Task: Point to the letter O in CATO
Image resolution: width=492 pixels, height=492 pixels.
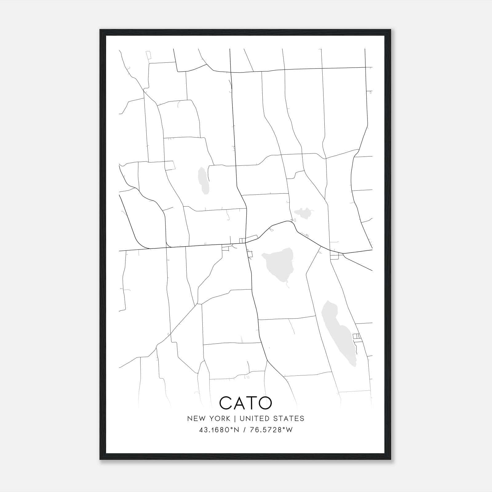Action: (265, 403)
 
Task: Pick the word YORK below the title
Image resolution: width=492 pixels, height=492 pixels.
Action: (219, 419)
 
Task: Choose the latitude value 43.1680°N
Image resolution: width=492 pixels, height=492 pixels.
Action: (219, 430)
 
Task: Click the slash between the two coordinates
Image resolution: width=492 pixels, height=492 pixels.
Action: (244, 430)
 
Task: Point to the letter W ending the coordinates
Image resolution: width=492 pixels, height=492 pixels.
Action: (289, 430)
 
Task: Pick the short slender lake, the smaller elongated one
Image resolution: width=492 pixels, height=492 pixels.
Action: (203, 181)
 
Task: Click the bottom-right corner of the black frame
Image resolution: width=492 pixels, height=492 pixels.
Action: (391, 459)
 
